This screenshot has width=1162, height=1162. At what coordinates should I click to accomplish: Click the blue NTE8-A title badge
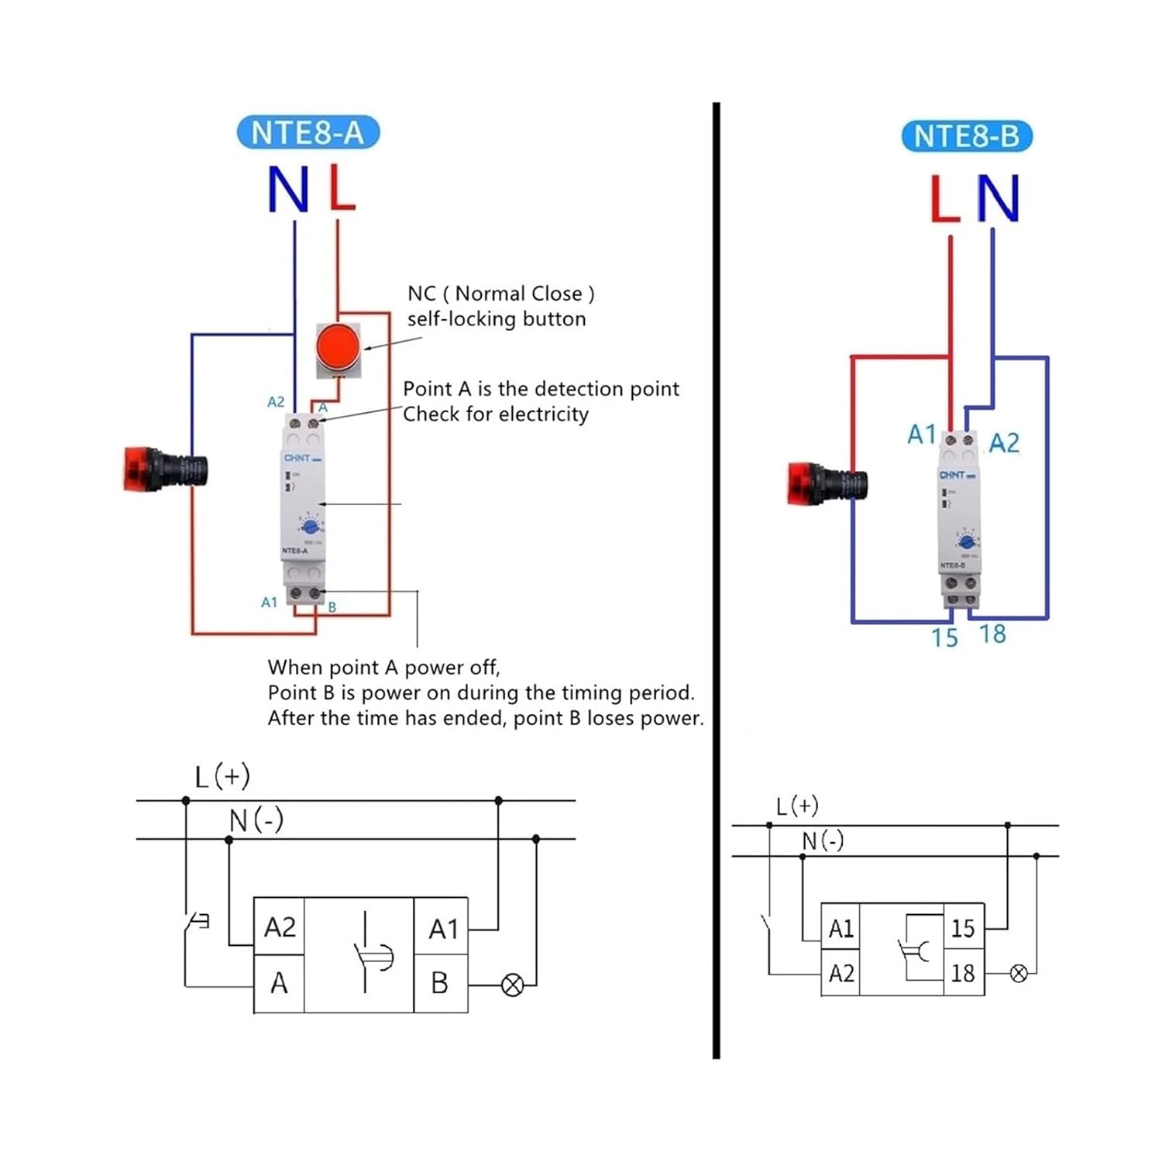[x=308, y=132]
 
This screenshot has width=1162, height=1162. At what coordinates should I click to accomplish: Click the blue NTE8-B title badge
[x=966, y=136]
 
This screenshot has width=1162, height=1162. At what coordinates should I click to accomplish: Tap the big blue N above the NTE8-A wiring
[x=288, y=190]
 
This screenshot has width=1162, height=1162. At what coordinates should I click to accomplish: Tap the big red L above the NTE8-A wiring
[x=341, y=187]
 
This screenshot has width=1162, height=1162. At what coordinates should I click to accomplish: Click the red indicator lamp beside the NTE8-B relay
[x=826, y=484]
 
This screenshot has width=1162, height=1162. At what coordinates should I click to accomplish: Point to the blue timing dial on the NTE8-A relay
[x=311, y=527]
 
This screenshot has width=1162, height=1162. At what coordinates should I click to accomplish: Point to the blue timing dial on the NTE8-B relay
[x=966, y=541]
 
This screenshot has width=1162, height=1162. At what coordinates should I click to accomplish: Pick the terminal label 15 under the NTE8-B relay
[x=944, y=638]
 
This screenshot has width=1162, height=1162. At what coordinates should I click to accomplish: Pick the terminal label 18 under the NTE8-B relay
[x=992, y=634]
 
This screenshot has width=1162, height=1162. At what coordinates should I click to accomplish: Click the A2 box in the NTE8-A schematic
[x=280, y=927]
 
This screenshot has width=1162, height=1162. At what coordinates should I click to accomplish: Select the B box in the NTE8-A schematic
[x=440, y=983]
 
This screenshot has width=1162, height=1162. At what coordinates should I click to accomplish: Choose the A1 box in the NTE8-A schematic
[x=443, y=928]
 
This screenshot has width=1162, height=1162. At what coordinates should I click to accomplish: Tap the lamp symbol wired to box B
[x=512, y=985]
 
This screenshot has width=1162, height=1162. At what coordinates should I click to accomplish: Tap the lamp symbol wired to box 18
[x=1019, y=974]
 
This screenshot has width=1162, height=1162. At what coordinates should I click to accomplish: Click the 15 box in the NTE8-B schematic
[x=963, y=928]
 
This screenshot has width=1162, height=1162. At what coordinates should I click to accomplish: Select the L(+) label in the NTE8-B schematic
[x=797, y=806]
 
